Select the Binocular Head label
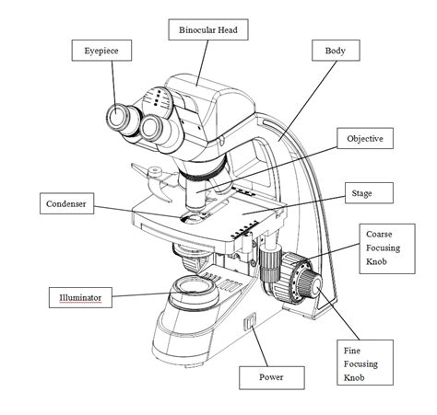(x=208, y=30)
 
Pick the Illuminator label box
(x=80, y=297)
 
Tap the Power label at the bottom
(x=271, y=377)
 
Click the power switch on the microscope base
(x=247, y=322)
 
